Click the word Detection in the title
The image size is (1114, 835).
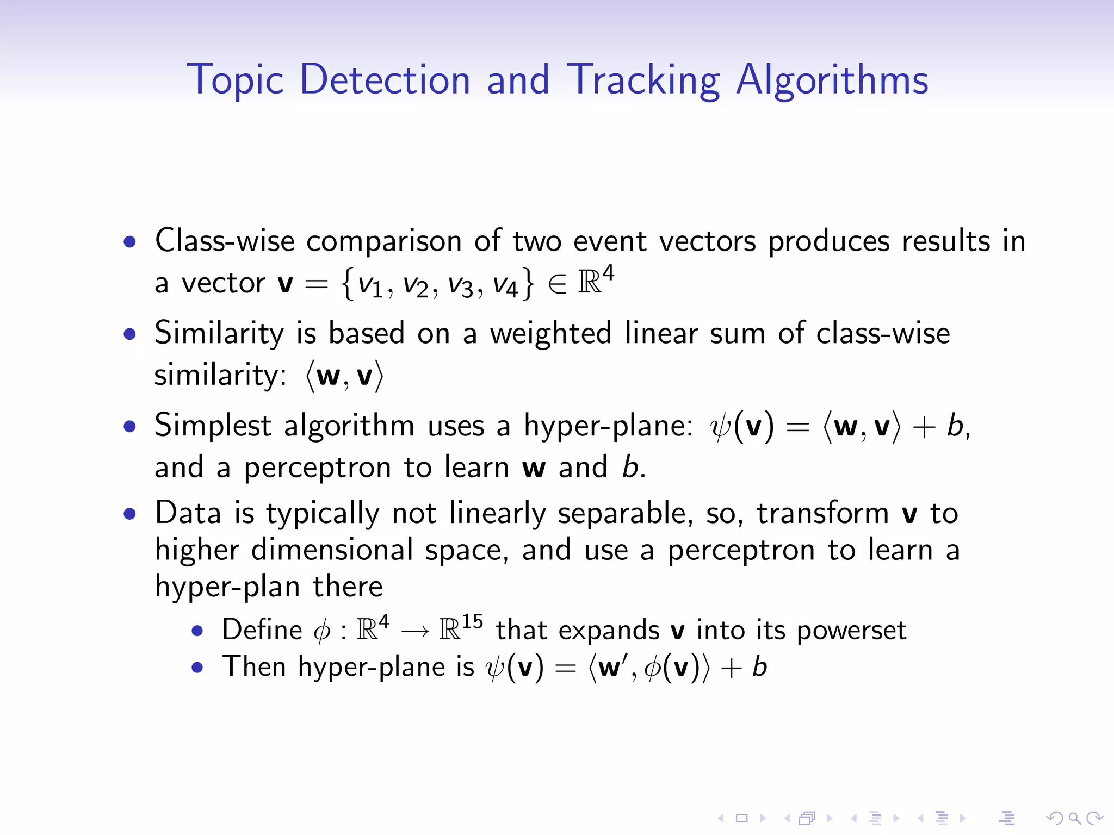coord(385,80)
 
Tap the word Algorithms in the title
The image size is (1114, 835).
coord(832,80)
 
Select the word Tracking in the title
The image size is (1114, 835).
coord(643,80)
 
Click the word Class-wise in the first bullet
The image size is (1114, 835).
coord(225,240)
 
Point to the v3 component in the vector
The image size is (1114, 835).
coord(460,284)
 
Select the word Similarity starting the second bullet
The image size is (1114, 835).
coord(219,333)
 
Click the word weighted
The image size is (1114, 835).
coord(550,333)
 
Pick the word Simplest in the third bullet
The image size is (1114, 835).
coord(213,425)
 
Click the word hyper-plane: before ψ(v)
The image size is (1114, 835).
coord(608,425)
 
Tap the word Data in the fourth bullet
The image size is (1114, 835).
coord(188,513)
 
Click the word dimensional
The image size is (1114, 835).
coord(332,550)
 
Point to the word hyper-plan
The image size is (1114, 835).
coord(227,587)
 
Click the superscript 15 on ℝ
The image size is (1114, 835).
coord(472,621)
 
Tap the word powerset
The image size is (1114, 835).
coord(851,631)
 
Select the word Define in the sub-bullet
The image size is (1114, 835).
coord(262,630)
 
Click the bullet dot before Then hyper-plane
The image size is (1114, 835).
coord(197,668)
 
